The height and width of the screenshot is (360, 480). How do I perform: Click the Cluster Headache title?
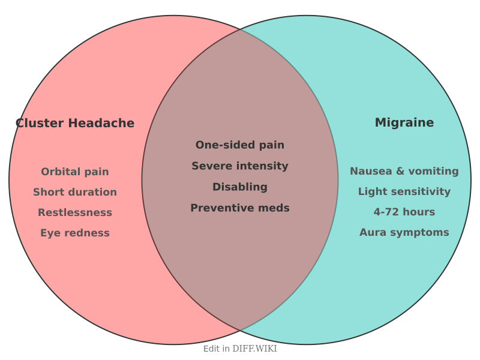[75, 123]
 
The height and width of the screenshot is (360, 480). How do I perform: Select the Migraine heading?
[404, 122]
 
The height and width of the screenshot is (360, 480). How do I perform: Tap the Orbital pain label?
[75, 172]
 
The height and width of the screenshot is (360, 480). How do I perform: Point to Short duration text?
[75, 192]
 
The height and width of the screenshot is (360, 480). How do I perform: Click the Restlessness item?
[75, 212]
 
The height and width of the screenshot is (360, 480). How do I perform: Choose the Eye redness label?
[75, 233]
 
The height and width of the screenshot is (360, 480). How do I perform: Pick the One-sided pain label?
[240, 145]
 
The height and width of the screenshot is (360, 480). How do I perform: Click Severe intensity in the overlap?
[240, 166]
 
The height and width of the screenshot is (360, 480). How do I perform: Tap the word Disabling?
[240, 187]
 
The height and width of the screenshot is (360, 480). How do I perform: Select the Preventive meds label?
[240, 208]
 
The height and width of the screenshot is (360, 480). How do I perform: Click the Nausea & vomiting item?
[404, 171]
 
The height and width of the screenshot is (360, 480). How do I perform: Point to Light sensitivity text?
[404, 191]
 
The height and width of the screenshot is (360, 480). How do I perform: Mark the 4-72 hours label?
[404, 212]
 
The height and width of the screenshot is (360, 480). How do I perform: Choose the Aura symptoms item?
[404, 232]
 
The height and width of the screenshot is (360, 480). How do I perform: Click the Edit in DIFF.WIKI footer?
[240, 349]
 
